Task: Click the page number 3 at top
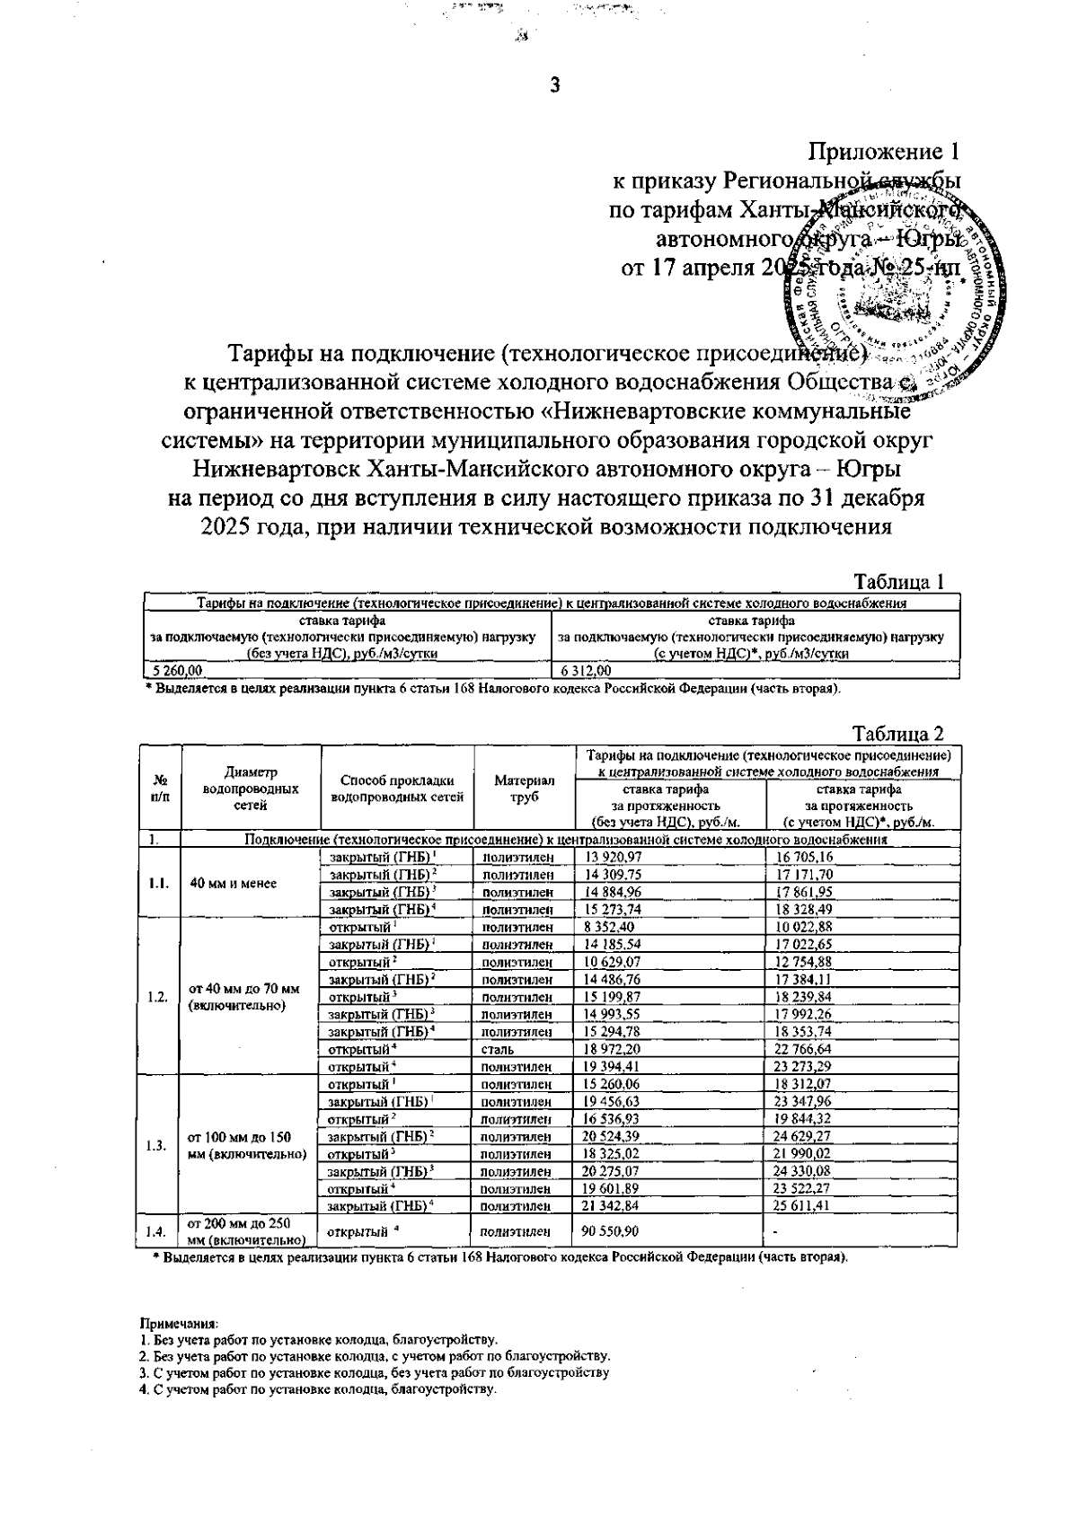(x=554, y=86)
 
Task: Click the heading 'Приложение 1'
(x=884, y=150)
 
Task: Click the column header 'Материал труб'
(x=524, y=788)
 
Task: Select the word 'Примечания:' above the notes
(x=179, y=1323)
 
